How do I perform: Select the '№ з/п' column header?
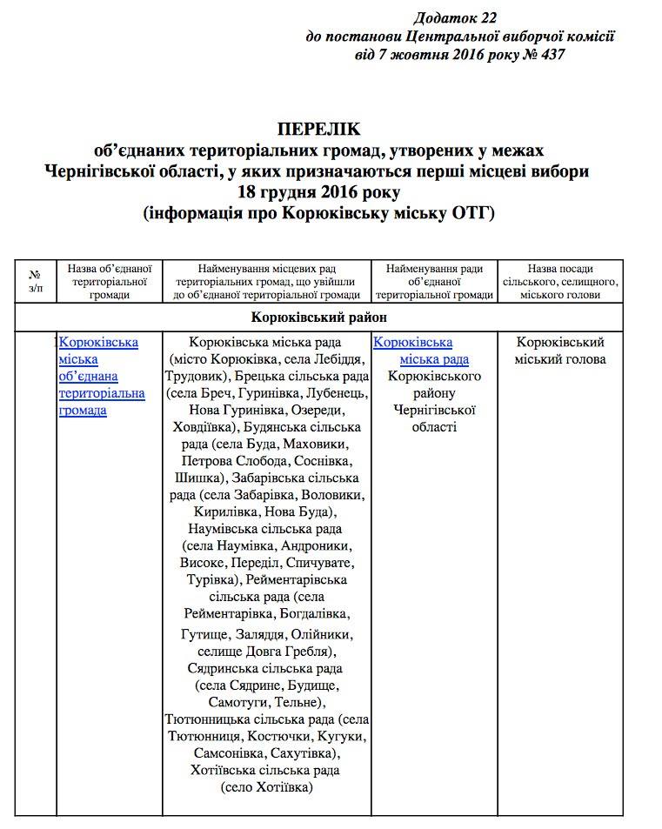point(36,281)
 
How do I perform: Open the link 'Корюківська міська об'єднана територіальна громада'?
point(101,376)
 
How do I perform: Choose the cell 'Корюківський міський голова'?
point(559,351)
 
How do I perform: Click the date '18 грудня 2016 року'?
point(318,191)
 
